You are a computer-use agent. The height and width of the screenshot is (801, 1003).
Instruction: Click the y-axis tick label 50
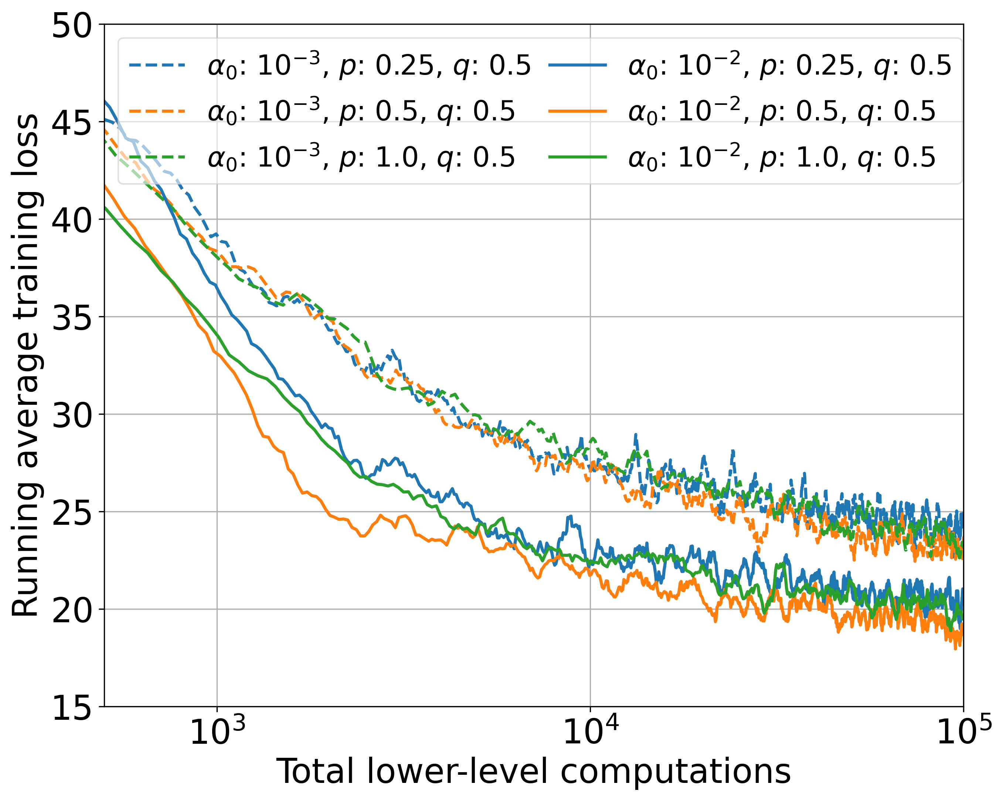pyautogui.click(x=72, y=25)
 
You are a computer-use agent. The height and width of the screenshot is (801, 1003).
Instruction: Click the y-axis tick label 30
pyautogui.click(x=72, y=415)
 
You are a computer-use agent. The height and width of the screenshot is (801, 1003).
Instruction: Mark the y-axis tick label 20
pyautogui.click(x=72, y=610)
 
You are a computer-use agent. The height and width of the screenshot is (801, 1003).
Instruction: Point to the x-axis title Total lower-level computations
pyautogui.click(x=534, y=772)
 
